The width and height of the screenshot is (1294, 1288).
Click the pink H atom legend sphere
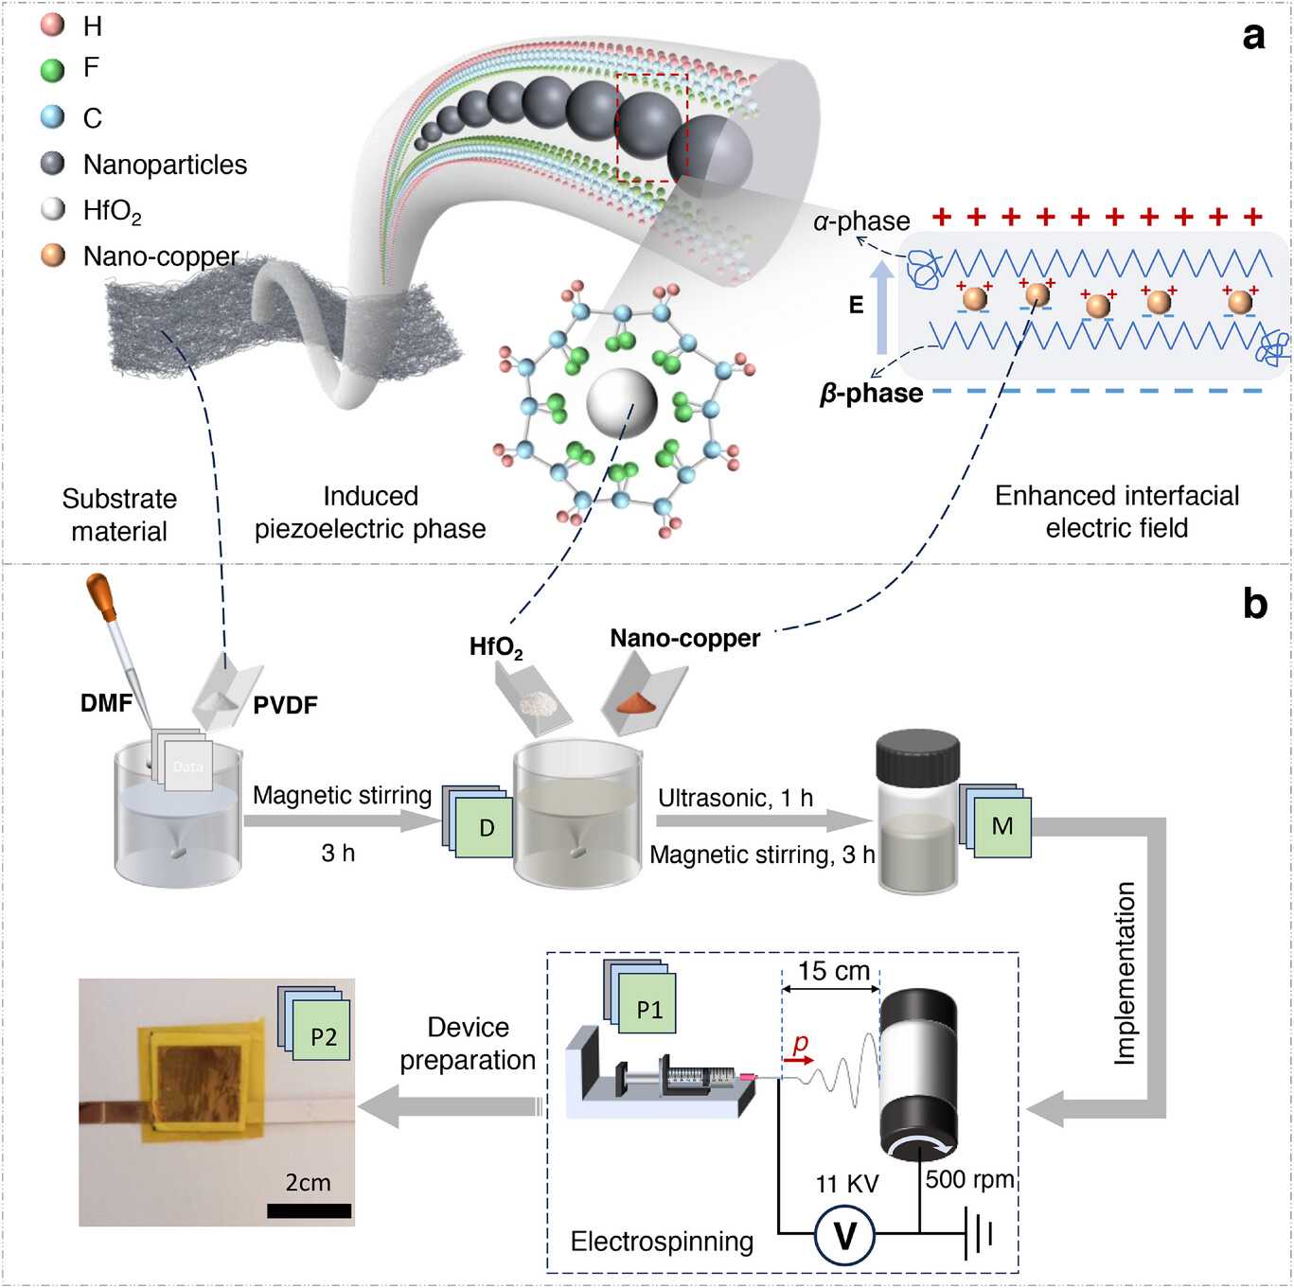(x=53, y=25)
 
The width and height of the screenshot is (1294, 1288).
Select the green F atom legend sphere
(x=53, y=69)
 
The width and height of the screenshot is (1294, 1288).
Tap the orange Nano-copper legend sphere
(x=53, y=256)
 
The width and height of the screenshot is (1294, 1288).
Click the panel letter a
(x=1253, y=36)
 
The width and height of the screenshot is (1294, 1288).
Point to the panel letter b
(x=1254, y=604)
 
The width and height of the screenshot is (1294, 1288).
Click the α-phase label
(x=861, y=221)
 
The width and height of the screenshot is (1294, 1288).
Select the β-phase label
(x=871, y=393)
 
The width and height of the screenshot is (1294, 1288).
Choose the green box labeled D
(x=487, y=828)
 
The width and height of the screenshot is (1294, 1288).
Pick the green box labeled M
(x=1002, y=827)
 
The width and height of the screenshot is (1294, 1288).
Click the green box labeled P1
(x=648, y=1010)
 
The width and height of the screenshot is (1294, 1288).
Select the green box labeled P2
(x=323, y=1036)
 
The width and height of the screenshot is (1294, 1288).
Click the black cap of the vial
(x=917, y=757)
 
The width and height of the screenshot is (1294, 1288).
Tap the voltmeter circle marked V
(x=844, y=1235)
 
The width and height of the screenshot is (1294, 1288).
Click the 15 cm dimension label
(x=833, y=971)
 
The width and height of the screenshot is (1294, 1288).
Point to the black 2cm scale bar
(x=309, y=1210)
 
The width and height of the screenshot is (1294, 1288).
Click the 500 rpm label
(x=969, y=1179)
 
